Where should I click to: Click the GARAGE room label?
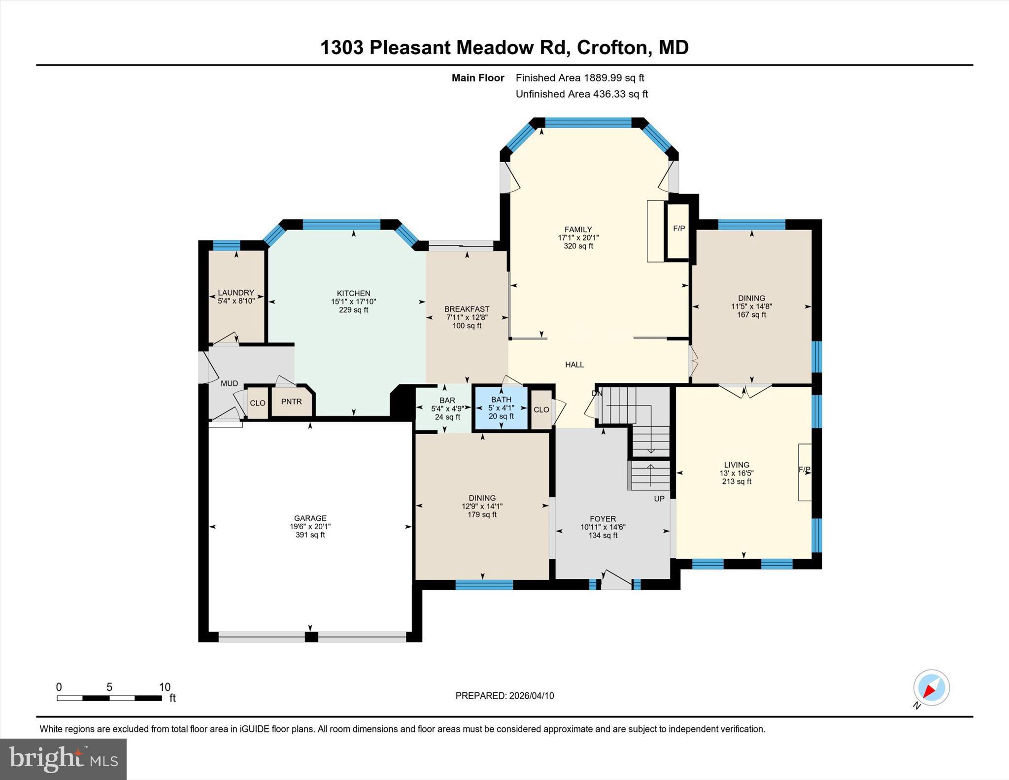click(310, 518)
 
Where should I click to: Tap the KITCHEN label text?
click(353, 293)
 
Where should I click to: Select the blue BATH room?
click(501, 408)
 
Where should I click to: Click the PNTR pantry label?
click(291, 402)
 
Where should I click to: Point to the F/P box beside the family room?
click(678, 229)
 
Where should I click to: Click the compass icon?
click(931, 687)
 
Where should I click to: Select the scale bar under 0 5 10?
click(109, 698)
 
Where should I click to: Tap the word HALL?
click(574, 365)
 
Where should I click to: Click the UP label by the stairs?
click(659, 499)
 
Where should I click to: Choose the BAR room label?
click(447, 401)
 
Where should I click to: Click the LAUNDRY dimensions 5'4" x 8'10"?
click(236, 301)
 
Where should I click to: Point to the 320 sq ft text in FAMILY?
click(578, 246)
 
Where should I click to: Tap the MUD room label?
click(229, 383)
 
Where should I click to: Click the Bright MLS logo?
click(63, 759)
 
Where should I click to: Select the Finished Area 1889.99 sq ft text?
click(579, 78)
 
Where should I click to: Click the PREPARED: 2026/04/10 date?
click(504, 696)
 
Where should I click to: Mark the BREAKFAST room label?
click(467, 309)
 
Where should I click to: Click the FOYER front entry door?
click(616, 581)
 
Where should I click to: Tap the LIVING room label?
click(736, 465)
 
